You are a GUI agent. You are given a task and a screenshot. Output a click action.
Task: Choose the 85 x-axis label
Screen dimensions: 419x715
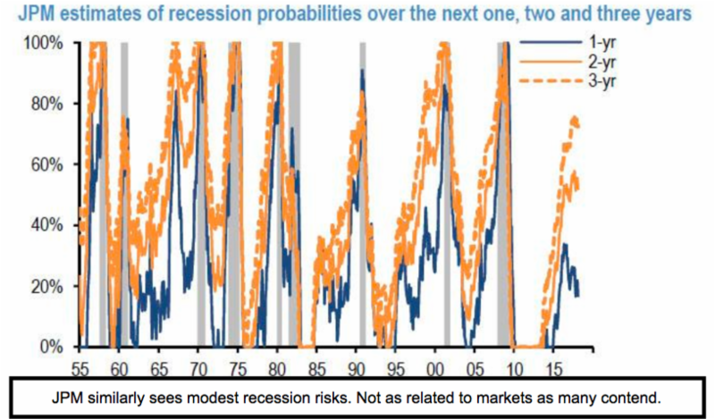click(x=316, y=365)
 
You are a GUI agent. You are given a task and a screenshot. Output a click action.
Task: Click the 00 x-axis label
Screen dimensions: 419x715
click(x=434, y=365)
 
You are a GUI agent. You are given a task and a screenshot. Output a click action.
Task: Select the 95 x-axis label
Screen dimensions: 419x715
click(x=395, y=365)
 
